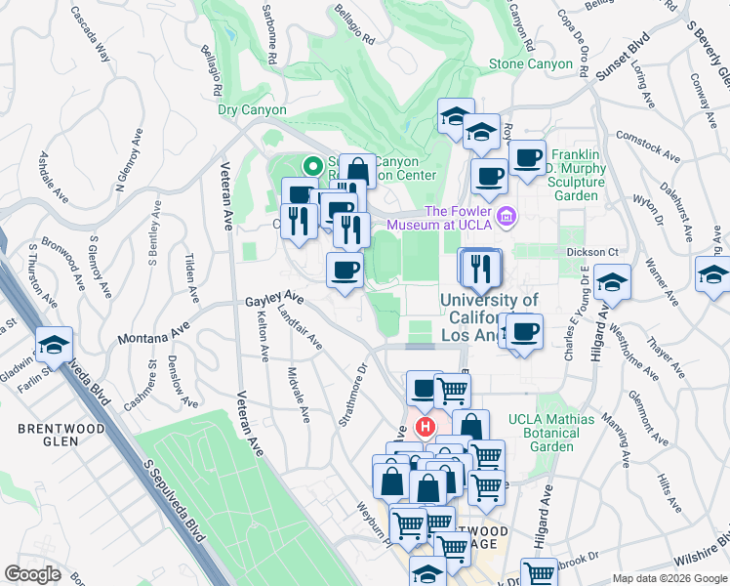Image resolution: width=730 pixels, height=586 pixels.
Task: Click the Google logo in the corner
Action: (x=32, y=574)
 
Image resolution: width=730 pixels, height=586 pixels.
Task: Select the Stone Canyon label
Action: (x=531, y=64)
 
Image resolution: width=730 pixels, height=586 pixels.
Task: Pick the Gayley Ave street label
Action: (x=274, y=300)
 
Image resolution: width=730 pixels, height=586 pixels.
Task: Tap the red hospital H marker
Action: (x=426, y=427)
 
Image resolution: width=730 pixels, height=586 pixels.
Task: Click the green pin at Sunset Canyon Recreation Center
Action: (x=313, y=166)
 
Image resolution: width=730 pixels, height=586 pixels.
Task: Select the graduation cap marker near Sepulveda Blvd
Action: (x=54, y=344)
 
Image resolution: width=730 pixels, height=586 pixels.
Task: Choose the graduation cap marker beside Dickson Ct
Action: (x=611, y=282)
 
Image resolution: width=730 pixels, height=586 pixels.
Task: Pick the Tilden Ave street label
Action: (x=189, y=278)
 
